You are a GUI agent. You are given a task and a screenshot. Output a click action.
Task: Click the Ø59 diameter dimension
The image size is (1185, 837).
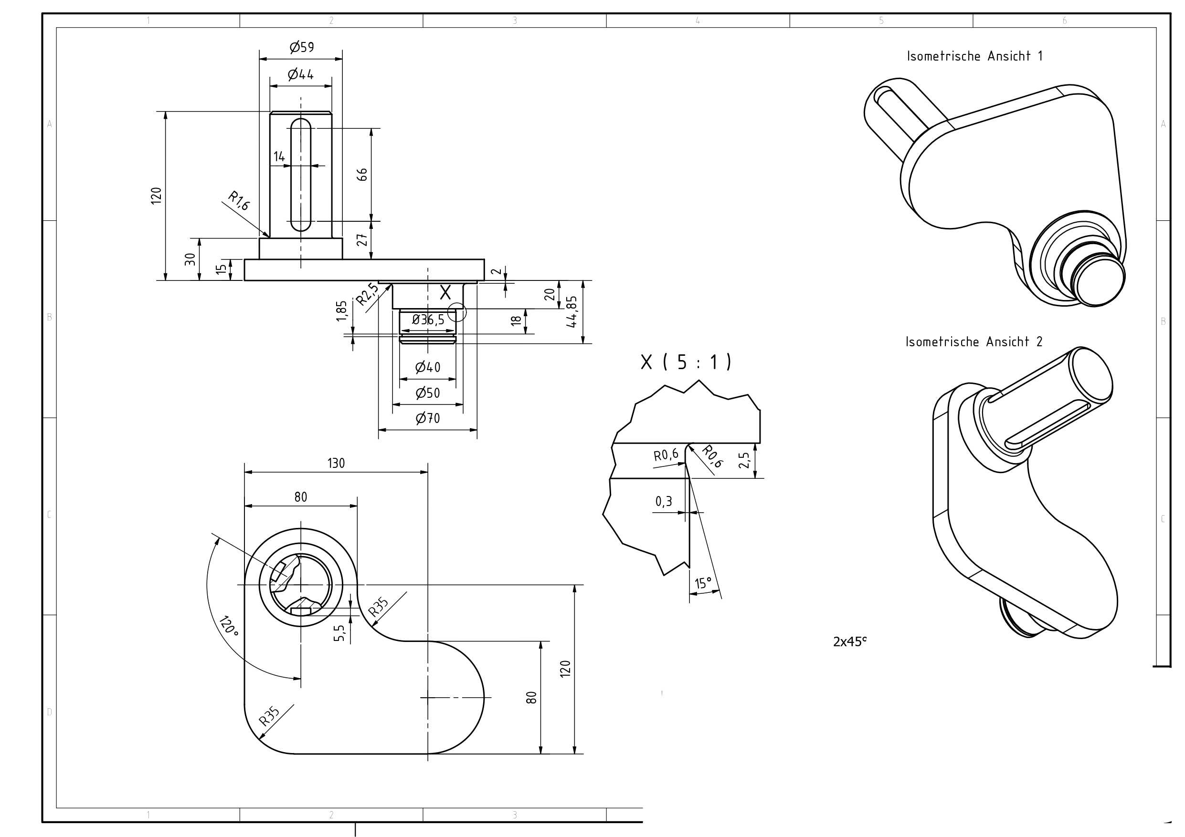coord(302,47)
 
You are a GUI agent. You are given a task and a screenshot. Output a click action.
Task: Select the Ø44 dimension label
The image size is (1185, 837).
coord(301,75)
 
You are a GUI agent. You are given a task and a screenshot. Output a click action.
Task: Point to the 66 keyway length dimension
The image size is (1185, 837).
coord(363,174)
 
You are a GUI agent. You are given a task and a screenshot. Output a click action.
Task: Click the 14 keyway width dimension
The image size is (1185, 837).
coord(279,156)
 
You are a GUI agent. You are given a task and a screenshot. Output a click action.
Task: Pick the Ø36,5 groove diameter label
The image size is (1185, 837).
coord(428,320)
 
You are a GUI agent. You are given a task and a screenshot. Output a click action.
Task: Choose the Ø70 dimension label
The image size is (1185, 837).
coord(428,418)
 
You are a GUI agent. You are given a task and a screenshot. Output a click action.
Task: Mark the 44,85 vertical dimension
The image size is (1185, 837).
coord(572,312)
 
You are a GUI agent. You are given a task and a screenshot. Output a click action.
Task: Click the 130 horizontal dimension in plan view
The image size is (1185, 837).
coord(336,463)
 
